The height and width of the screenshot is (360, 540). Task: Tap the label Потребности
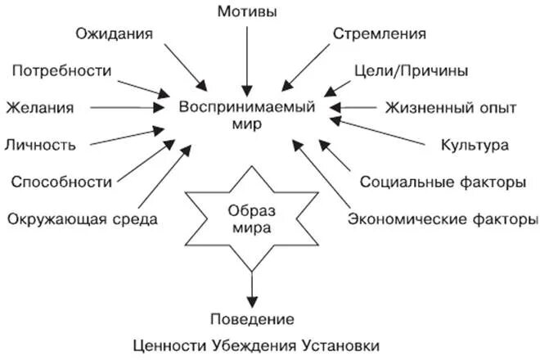pos(62,70)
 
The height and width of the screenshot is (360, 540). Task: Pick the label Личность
pos(41,145)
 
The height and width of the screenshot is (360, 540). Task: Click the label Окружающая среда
pos(81,218)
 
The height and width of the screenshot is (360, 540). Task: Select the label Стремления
pos(380,34)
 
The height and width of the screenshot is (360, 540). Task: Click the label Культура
pos(475,145)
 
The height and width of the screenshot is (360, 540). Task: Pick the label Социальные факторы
pos(443,182)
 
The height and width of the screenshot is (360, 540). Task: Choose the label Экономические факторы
pos(443,218)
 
